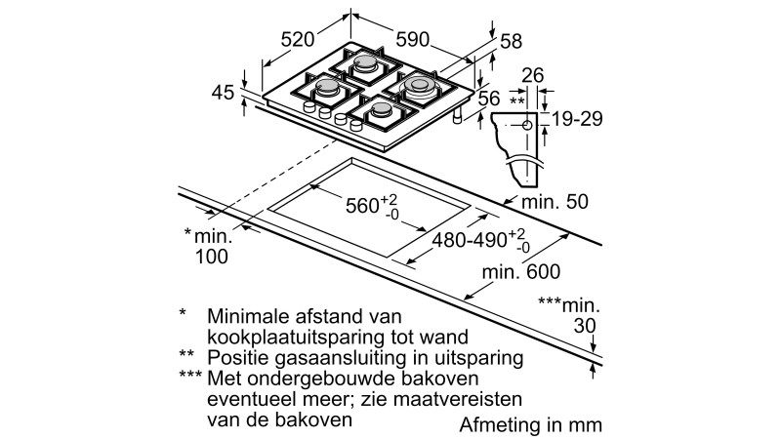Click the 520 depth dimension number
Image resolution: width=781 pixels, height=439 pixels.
click(x=298, y=39)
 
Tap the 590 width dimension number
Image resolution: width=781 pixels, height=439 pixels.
click(x=413, y=39)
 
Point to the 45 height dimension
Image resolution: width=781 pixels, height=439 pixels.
click(x=223, y=94)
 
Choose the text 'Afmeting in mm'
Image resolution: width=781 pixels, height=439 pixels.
click(x=531, y=425)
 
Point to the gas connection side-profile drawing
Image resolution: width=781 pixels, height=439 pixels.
click(x=521, y=146)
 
